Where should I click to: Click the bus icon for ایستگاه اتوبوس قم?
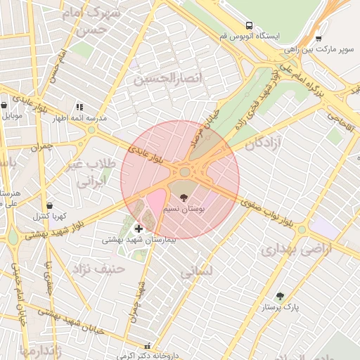point(248,25)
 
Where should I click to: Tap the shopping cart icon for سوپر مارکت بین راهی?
point(319,39)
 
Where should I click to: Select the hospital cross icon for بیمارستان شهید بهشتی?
point(139,228)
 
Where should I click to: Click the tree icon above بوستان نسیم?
point(184,198)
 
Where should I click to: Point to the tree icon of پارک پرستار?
point(281,296)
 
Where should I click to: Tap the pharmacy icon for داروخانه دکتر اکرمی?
point(147,345)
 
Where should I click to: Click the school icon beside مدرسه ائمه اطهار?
point(78,106)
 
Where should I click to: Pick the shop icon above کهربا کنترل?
point(48,205)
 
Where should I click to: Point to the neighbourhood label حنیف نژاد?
point(98,268)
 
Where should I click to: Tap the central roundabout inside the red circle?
point(185,172)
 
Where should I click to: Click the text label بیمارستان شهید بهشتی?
point(139,239)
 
